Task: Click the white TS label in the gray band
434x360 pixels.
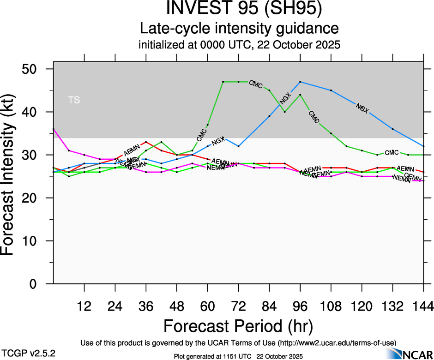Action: [x=74, y=100]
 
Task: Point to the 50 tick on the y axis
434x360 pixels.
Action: [x=36, y=69]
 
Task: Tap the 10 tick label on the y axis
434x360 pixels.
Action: [x=36, y=241]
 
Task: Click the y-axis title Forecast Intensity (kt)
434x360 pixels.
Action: [x=12, y=176]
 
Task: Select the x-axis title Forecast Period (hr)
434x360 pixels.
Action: [x=238, y=326]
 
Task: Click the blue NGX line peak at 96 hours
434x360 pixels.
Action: [x=300, y=82]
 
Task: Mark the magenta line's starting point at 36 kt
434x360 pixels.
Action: [x=54, y=129]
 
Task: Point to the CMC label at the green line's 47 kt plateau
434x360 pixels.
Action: [x=255, y=84]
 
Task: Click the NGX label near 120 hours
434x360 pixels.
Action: [x=362, y=108]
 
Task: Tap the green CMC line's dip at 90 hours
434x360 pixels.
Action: [x=285, y=112]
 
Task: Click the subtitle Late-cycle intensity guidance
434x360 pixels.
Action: [x=240, y=29]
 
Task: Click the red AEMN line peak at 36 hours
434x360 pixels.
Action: [x=146, y=142]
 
